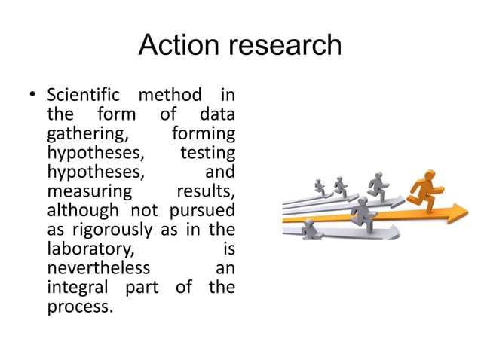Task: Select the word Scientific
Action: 84,97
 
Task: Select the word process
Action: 80,307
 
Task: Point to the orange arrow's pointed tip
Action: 467,213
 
